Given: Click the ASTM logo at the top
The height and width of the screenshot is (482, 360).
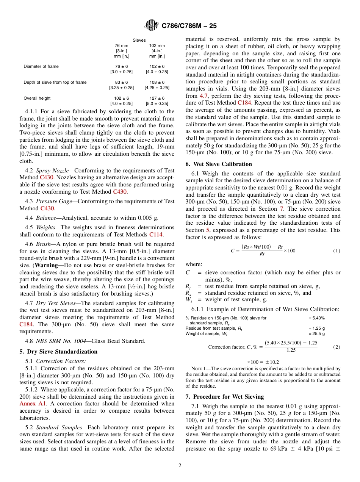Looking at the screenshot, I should click(152, 26).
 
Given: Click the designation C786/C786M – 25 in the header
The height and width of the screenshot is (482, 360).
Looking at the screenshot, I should click(189, 26).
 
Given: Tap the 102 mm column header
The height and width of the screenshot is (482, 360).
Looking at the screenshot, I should click(157, 45).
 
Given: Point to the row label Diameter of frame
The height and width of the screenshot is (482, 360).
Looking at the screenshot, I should click(41, 66).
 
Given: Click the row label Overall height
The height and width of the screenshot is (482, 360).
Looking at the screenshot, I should click(37, 98).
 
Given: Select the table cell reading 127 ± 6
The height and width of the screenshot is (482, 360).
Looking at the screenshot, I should click(157, 98).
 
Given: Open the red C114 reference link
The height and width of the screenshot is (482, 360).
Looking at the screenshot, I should click(156, 235).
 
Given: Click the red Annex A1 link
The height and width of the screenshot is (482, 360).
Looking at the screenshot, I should click(30, 404).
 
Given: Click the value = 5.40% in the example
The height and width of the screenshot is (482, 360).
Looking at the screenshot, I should click(316, 318).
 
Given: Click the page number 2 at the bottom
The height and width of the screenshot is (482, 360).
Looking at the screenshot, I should click(180, 466).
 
